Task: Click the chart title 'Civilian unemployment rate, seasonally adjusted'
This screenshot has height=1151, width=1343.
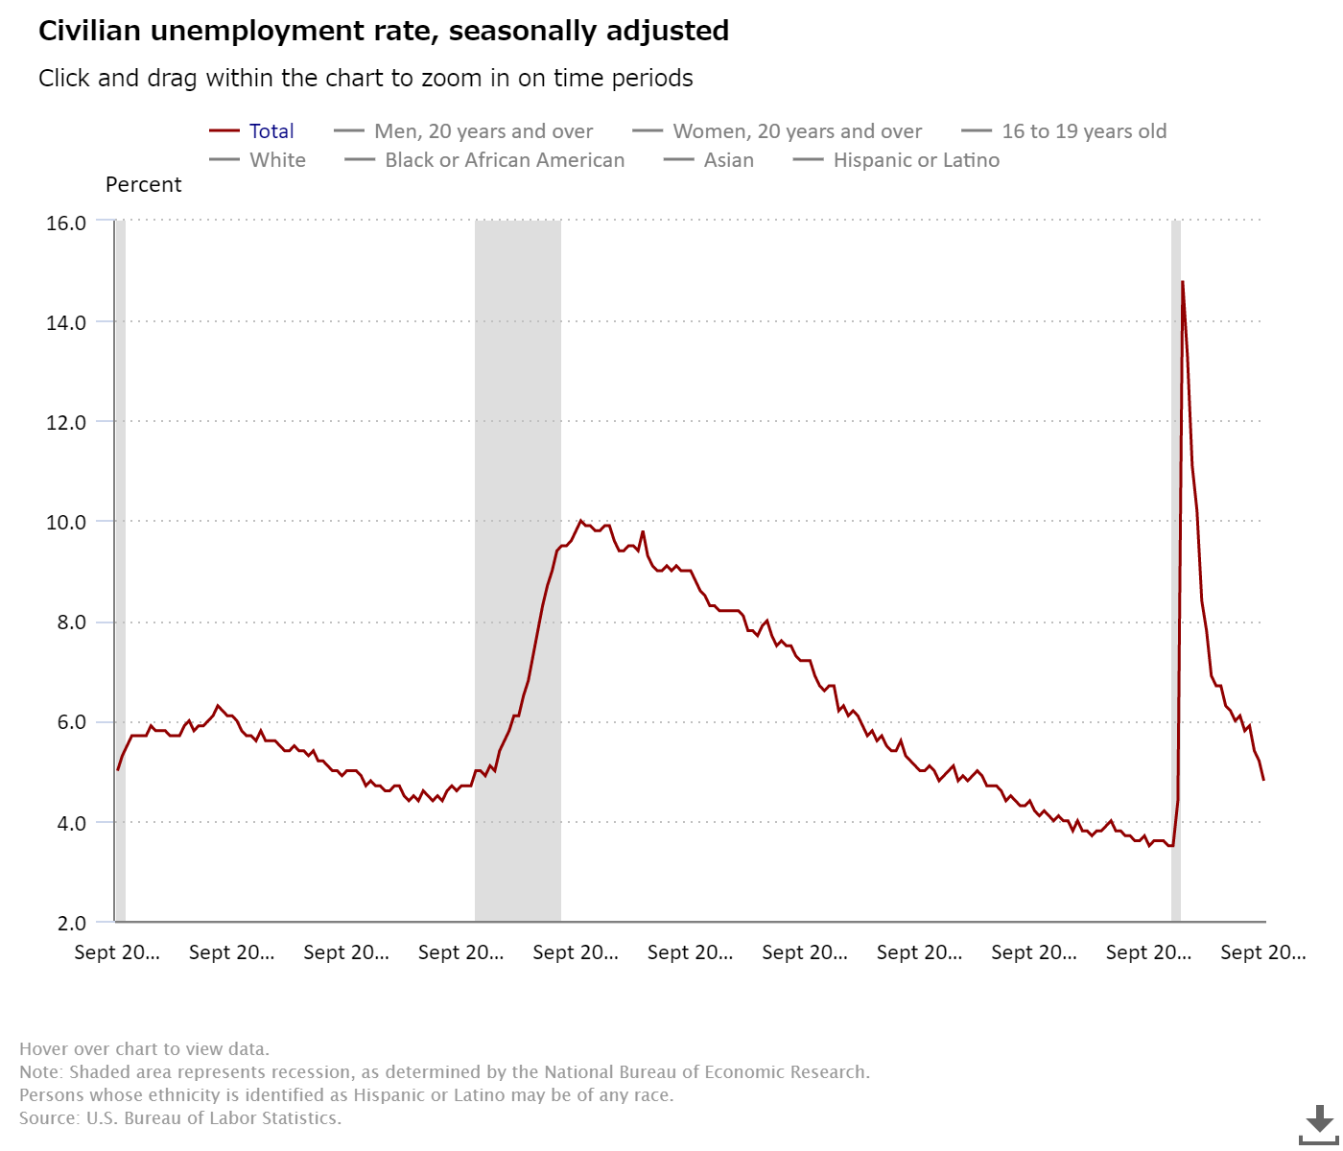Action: [384, 31]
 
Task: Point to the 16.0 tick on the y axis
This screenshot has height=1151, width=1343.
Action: [66, 223]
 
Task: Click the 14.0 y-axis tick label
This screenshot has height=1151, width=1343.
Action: [66, 322]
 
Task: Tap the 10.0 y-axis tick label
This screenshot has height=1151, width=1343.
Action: [66, 523]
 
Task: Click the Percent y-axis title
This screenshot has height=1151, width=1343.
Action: [143, 185]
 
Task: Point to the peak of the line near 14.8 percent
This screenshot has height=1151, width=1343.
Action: [1183, 282]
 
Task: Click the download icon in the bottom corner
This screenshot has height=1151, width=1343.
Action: [1319, 1122]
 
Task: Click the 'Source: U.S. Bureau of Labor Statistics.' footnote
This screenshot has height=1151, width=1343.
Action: [180, 1118]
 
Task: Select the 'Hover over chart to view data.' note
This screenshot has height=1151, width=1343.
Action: [144, 1049]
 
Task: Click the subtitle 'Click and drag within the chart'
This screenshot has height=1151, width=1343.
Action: [365, 79]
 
